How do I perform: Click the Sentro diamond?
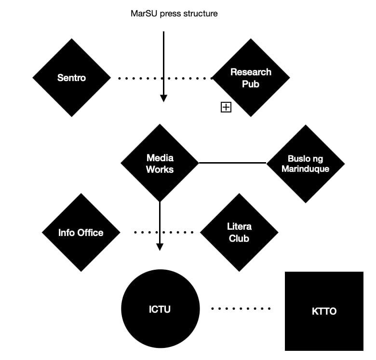pos(71,78)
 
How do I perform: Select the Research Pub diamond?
pos(251,78)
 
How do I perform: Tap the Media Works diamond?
pos(160,163)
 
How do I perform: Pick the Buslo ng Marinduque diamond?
pos(305,164)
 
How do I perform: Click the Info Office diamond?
pos(81,233)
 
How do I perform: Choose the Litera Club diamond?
pos(239,233)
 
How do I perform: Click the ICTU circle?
pos(160,309)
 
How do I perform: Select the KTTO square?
pos(324,311)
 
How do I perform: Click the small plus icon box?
pos(226,108)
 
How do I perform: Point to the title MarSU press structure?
pos(174,14)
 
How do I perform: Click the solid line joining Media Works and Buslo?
pos(232,163)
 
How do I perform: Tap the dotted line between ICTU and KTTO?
pos(242,308)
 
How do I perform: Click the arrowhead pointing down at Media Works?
pos(163,98)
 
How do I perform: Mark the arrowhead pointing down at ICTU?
pos(160,247)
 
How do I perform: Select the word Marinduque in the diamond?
pos(305,169)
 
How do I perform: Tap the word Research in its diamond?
pos(251,72)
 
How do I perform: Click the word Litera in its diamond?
pos(239,227)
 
